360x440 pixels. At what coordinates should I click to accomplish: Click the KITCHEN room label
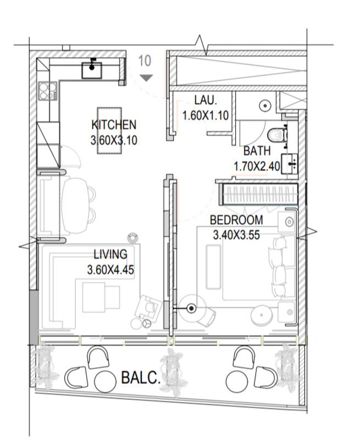114,125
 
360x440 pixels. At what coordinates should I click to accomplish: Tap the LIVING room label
110,254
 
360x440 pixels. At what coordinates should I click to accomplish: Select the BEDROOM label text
236,220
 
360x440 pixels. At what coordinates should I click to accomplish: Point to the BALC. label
141,377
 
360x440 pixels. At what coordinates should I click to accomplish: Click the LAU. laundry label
206,100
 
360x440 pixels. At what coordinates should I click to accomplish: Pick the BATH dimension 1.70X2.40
257,167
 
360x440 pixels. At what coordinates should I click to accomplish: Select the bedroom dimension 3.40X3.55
236,235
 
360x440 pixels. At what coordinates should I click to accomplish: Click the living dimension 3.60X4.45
110,269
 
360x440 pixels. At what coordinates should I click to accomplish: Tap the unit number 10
145,61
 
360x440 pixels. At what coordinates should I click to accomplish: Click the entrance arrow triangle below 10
146,78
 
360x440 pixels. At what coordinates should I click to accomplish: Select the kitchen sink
92,70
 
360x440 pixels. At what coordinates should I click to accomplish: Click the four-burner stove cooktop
48,91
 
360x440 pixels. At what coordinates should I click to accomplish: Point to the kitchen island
109,130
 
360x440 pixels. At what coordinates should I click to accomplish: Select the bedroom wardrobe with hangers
258,194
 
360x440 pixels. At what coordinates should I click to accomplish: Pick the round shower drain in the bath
265,106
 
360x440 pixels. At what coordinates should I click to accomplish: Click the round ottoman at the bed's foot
262,315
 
